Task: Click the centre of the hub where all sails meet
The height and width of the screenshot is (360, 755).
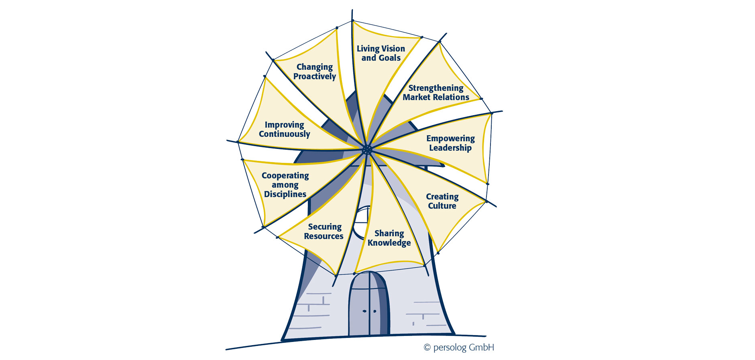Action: point(366,150)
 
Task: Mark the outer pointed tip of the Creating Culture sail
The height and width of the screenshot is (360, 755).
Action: point(486,201)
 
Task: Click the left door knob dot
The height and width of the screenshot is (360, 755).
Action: point(364,311)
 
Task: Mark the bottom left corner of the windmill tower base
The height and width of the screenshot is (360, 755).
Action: point(282,340)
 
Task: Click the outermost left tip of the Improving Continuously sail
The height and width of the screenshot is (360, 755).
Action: point(238,142)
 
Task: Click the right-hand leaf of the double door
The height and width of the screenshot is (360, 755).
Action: point(379,304)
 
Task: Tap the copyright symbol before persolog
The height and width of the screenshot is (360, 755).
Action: point(427,348)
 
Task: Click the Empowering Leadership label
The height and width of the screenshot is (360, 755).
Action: point(450,143)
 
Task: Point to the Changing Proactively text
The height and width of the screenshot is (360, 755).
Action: point(315,72)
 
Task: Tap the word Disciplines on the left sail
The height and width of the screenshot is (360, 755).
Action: point(285,194)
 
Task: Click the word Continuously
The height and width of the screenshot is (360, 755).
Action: point(284,134)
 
